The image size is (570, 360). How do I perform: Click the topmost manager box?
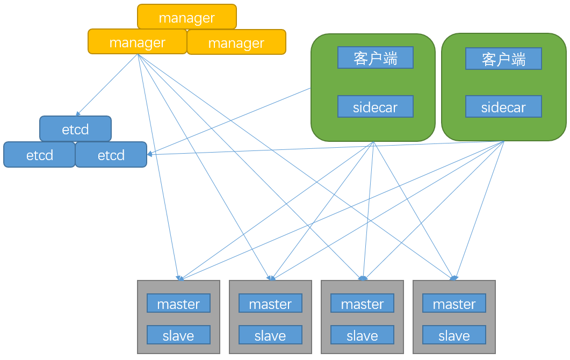[x=186, y=17]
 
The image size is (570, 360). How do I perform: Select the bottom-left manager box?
[x=137, y=42]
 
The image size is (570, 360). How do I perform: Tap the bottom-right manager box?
[x=236, y=42]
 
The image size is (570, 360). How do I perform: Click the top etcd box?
[x=75, y=129]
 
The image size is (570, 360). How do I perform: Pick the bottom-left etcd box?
[x=39, y=155]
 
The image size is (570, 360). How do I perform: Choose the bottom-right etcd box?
[x=111, y=155]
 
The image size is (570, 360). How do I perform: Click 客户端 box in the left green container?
[x=376, y=57]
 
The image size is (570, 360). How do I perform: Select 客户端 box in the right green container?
[x=503, y=59]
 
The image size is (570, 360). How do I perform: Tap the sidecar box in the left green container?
[x=376, y=106]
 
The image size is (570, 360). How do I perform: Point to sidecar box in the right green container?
[x=503, y=106]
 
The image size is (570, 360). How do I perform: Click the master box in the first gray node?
[x=178, y=303]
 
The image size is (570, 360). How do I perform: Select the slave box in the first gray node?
[x=178, y=335]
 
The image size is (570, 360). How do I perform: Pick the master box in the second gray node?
[x=270, y=303]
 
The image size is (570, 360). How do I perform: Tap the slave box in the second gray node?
[x=270, y=335]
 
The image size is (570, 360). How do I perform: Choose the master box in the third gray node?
[x=362, y=303]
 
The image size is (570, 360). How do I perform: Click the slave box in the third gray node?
[x=362, y=335]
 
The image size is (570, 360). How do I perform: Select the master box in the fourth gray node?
[x=454, y=303]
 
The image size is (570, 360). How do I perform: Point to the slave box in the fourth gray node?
[x=454, y=335]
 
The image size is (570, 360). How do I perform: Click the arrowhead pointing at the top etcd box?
[x=78, y=114]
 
